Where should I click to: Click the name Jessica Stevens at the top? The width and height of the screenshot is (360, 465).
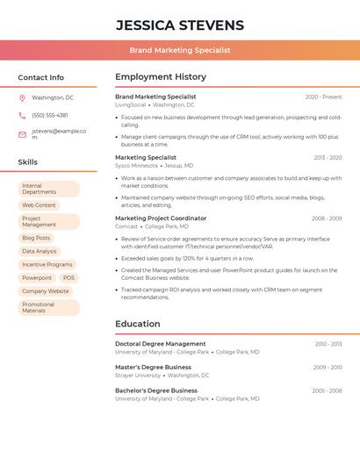(180, 25)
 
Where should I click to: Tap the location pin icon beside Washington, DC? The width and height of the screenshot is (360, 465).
(22, 98)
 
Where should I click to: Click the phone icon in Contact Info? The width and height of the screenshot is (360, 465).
(22, 115)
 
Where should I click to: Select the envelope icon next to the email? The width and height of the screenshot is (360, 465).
(22, 134)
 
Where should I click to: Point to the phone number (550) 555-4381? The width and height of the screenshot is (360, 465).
(50, 115)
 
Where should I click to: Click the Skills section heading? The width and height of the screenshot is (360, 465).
(28, 162)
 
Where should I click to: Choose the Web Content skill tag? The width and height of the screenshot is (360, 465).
(39, 205)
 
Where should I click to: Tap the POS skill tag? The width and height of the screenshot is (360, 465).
(68, 277)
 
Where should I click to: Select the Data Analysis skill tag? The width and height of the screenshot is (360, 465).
(40, 251)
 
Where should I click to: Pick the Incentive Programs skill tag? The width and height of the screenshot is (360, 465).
(47, 264)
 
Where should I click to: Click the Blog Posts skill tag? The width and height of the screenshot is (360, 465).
(36, 238)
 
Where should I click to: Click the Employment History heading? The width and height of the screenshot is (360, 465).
(161, 77)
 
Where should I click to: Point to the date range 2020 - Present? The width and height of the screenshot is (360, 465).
(323, 97)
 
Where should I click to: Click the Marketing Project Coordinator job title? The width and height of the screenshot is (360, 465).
(161, 218)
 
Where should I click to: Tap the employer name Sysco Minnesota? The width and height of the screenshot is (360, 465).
(136, 166)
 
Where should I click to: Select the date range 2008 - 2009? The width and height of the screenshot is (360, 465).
(327, 218)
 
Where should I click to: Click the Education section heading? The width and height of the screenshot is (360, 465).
(138, 324)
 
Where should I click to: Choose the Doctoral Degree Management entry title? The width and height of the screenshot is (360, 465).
(161, 344)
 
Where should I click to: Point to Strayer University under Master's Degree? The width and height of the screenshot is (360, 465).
(138, 376)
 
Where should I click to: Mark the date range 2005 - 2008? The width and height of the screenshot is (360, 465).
(327, 390)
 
